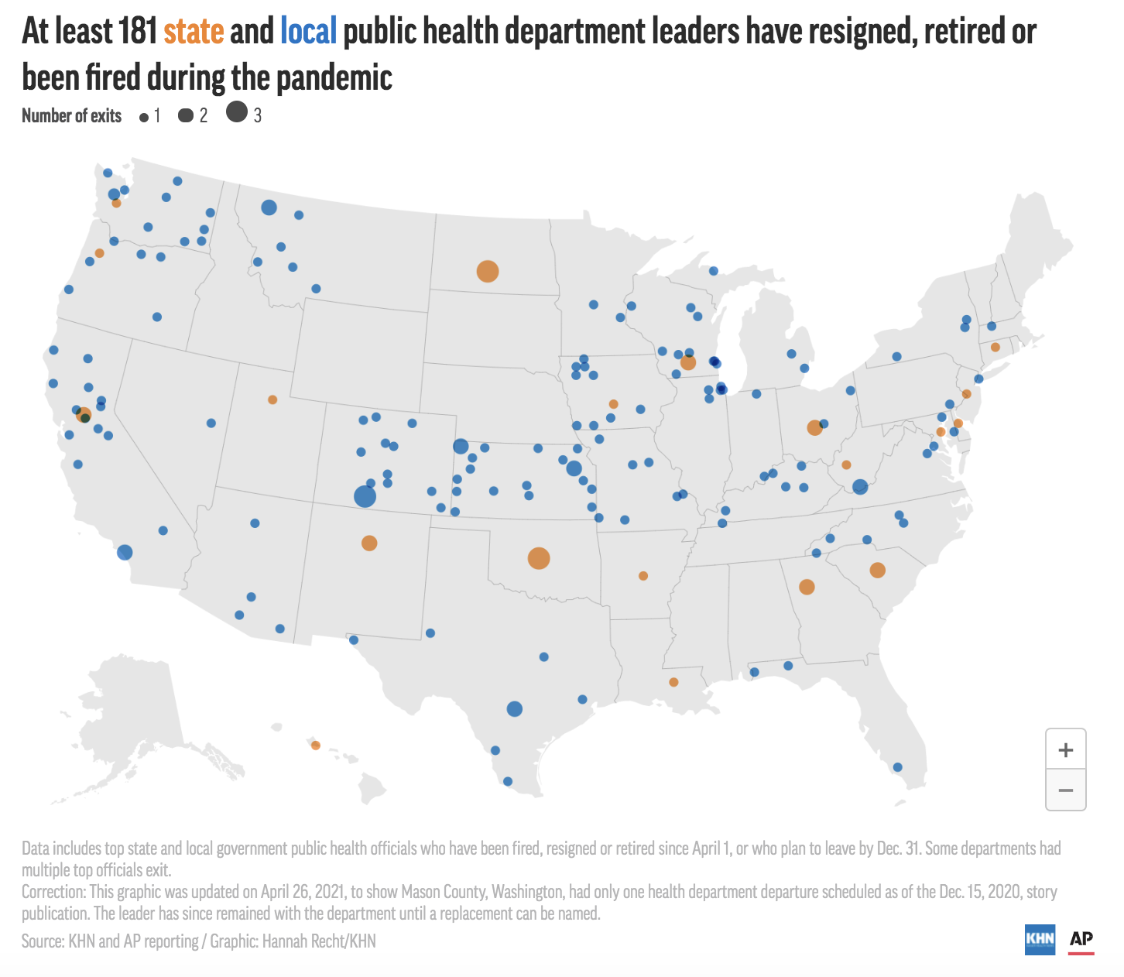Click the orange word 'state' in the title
[x=194, y=32]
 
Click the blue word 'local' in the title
[x=308, y=32]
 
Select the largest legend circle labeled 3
[x=237, y=112]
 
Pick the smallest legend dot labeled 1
[x=144, y=118]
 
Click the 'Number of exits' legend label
[x=71, y=116]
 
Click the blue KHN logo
[x=1040, y=939]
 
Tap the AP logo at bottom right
[x=1081, y=940]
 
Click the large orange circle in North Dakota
[x=487, y=272]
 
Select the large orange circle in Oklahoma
[x=539, y=558]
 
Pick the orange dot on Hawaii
[x=315, y=746]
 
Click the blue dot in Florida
[x=897, y=767]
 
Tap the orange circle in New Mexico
[x=369, y=543]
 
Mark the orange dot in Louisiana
[x=673, y=682]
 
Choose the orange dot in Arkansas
[x=643, y=576]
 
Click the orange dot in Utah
[x=272, y=399]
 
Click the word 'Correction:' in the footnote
[x=54, y=892]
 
